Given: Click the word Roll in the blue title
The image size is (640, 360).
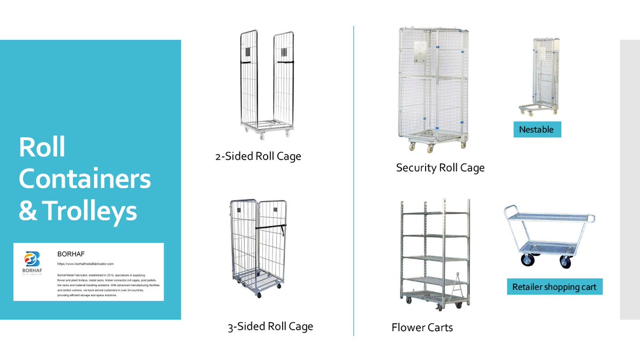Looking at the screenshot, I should click(42, 147).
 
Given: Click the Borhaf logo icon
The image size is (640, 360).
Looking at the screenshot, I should click(33, 260).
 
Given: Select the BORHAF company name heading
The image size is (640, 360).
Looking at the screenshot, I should click(71, 254).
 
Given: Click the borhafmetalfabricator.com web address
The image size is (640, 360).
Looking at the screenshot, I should click(85, 264).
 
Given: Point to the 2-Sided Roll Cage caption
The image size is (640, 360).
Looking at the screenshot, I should click(258, 156).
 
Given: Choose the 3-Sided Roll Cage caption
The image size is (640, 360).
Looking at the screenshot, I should click(270, 326).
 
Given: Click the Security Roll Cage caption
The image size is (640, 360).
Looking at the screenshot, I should click(440, 168).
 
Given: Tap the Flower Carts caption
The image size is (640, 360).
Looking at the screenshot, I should click(422, 327).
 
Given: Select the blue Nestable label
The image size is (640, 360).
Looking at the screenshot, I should click(537, 130).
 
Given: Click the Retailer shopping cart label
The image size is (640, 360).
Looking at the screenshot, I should click(554, 287).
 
